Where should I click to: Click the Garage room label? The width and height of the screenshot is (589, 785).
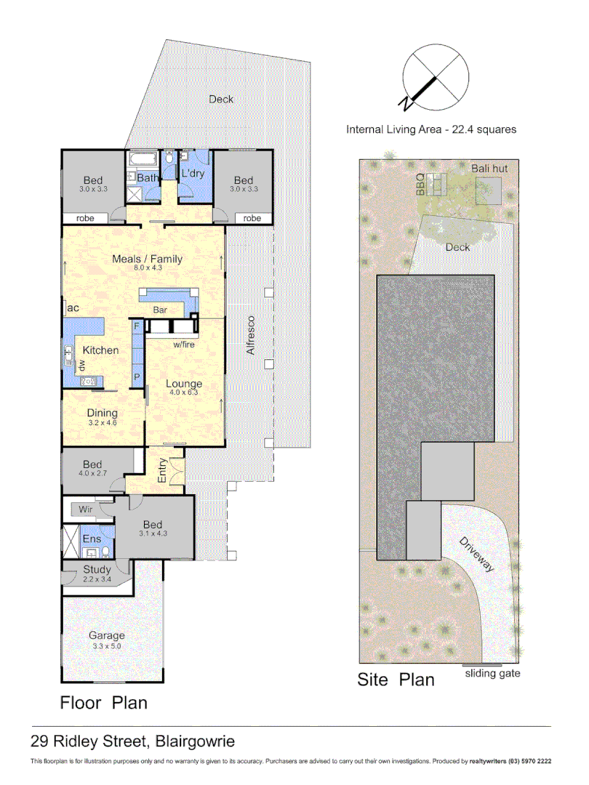107,635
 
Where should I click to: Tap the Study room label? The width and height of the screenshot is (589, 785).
97,570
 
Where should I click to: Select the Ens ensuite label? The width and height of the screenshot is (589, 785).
92,539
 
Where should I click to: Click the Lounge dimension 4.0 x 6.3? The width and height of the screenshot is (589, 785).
183,392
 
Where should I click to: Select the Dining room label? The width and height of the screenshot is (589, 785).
102,413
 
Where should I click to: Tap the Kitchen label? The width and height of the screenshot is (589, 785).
100,350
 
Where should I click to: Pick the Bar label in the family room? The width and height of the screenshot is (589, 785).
160,310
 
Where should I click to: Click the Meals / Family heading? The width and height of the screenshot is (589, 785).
147,259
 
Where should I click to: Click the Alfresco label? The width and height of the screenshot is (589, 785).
252,335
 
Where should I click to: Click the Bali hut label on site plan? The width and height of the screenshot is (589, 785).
489,169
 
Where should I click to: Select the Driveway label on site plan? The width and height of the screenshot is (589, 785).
476,555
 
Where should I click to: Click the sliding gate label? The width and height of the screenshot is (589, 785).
492,674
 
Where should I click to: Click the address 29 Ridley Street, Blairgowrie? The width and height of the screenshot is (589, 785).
132,742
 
